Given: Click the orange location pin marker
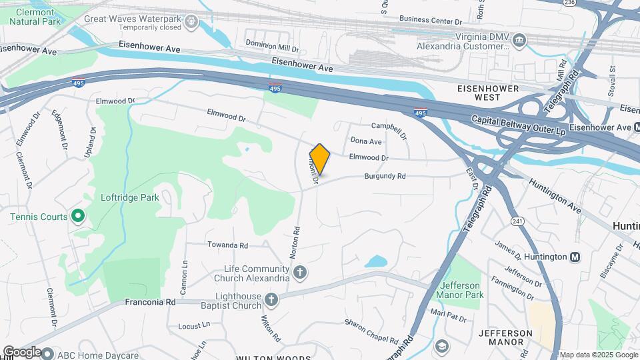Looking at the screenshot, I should point(319,159).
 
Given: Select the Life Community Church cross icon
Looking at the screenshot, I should point(300,272).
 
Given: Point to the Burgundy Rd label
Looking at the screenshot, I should point(385,177).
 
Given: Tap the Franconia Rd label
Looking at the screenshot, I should point(150,302).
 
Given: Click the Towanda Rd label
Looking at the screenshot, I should point(227,245).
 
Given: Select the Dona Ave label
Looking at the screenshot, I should point(366,141).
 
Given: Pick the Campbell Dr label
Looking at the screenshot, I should point(389,126).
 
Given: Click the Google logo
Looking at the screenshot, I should point(22,352).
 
